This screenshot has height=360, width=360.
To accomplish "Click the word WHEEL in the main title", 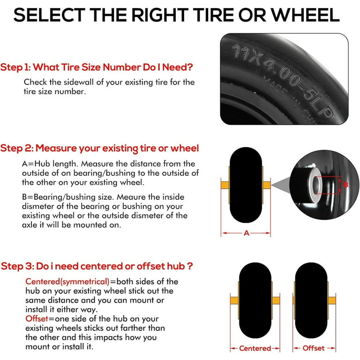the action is (305, 15).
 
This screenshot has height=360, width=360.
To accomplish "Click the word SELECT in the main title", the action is (49, 15).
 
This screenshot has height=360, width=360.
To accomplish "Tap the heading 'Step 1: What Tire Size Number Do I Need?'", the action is (97, 67).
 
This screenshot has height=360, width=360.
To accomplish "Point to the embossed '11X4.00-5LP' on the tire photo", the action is (282, 80).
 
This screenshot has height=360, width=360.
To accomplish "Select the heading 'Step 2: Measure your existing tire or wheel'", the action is (99, 148).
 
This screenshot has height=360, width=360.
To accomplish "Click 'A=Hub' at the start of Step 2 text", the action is (36, 164).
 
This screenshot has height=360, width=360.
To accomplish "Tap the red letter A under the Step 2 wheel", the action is (247, 233).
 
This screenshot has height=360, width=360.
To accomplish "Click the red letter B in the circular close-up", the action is (345, 185).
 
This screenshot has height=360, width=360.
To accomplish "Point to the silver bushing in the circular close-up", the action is (315, 185).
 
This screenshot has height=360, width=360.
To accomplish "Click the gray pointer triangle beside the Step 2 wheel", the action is (281, 185).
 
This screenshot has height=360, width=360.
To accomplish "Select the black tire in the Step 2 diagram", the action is (246, 185).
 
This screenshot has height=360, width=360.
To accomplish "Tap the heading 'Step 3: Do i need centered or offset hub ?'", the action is (97, 266).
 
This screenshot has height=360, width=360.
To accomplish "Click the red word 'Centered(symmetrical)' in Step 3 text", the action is (67, 281).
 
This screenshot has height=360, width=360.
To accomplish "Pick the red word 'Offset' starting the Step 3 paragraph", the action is (37, 319).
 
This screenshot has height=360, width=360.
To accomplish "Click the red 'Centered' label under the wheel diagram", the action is (255, 348).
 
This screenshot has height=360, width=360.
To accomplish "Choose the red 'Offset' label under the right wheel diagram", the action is (314, 348).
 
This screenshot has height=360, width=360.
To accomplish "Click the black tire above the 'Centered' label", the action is (255, 300).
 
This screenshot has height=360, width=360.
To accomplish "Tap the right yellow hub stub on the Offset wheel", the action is (332, 300).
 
